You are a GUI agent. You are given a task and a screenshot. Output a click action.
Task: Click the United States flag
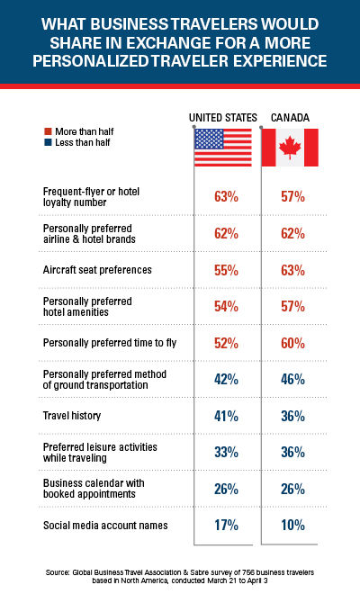(223, 148)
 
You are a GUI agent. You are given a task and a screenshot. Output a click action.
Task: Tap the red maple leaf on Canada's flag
(290, 148)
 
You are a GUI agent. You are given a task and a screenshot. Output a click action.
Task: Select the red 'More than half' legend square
(48, 131)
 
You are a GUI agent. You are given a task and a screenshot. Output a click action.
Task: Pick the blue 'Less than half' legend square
(48, 142)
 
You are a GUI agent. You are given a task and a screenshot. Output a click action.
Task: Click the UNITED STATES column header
(223, 118)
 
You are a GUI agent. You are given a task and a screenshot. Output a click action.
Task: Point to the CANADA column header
(290, 118)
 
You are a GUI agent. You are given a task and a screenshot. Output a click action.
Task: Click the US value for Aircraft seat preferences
(226, 270)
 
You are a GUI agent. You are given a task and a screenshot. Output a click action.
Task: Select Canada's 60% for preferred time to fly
(292, 343)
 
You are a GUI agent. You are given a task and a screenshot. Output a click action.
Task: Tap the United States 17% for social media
(226, 525)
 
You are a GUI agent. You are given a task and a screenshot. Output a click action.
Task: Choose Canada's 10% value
(292, 525)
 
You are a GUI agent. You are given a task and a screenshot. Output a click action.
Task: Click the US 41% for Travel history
(226, 416)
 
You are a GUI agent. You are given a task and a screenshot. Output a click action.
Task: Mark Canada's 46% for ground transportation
(292, 379)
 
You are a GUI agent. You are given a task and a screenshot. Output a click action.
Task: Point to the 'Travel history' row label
(72, 416)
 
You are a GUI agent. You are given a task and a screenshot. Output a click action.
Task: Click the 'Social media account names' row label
(105, 526)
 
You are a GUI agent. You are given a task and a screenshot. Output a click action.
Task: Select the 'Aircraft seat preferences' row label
(97, 270)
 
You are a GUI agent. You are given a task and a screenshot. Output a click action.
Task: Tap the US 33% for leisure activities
(226, 452)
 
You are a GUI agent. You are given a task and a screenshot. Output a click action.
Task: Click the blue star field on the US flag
(209, 139)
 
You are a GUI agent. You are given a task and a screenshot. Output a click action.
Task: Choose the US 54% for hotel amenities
(226, 306)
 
